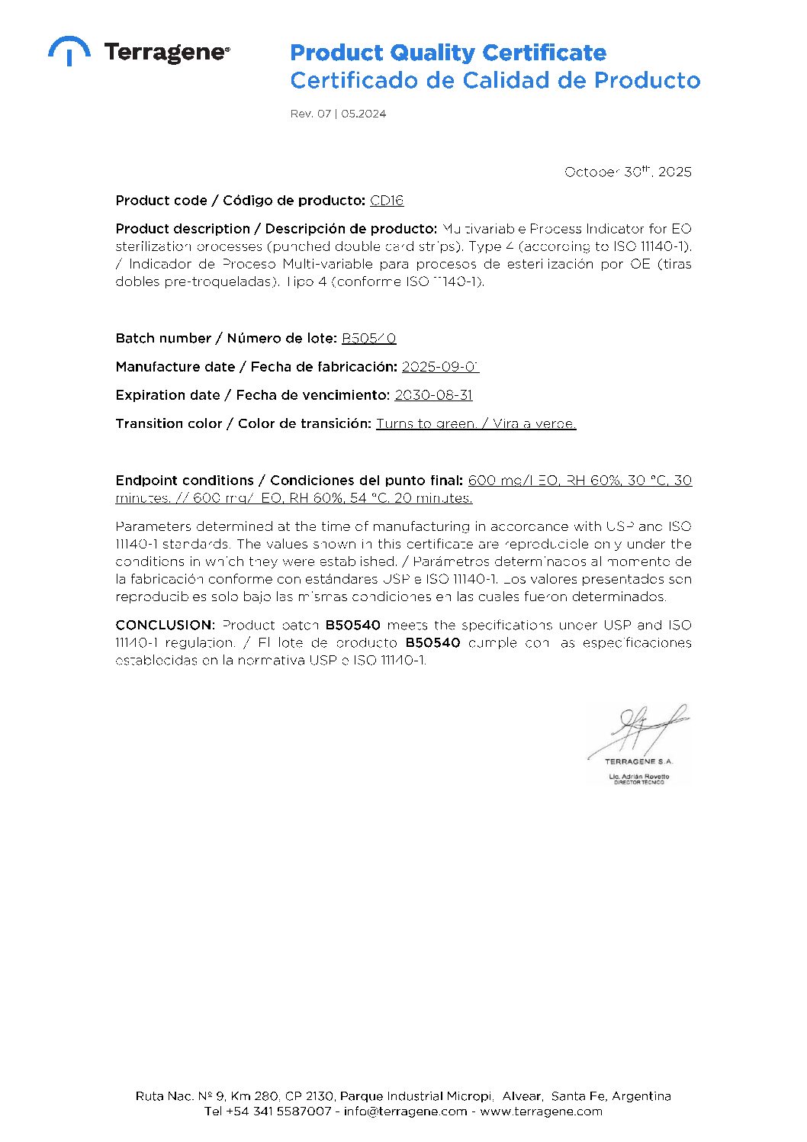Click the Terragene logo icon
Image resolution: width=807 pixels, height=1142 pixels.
pos(69,50)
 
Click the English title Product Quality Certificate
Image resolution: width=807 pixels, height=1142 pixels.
pos(448,53)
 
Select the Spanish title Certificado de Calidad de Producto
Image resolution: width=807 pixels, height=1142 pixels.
pos(495,80)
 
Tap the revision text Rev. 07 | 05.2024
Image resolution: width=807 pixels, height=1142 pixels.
pos(338,114)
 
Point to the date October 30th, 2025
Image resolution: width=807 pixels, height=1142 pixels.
pos(628,172)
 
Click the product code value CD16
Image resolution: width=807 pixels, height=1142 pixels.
pos(387,201)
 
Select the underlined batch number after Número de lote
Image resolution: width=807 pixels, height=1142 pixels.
pos(368,338)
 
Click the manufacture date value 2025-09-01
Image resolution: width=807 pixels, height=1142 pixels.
pos(440,367)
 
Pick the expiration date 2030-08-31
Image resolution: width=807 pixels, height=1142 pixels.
pos(433,395)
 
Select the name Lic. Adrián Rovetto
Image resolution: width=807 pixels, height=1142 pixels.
pos(638,776)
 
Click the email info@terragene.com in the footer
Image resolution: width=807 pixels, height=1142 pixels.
pos(405,1111)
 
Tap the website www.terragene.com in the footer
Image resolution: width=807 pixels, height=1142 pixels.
pos(541,1111)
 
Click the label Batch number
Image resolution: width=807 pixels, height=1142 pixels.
pos(163,338)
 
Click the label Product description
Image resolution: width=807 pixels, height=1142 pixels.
pos(182,229)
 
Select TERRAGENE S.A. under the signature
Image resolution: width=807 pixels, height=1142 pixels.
pos(638,761)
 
